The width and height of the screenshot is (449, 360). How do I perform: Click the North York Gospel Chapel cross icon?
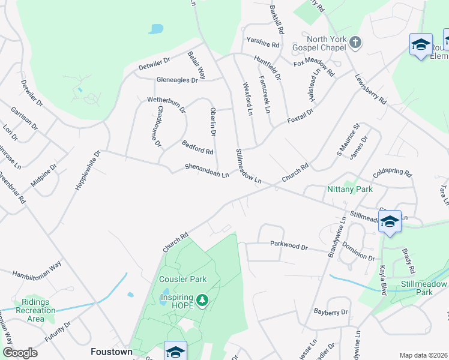[x=355, y=42]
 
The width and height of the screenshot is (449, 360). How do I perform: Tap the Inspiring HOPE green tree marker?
[x=203, y=299]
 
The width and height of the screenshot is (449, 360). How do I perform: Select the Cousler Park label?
[x=182, y=279]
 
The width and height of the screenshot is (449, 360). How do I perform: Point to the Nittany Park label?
[x=350, y=189]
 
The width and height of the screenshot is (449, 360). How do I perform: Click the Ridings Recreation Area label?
[x=38, y=310]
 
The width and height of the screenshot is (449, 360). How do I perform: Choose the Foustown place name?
[x=111, y=352]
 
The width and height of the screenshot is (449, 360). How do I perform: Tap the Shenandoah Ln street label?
[x=207, y=171]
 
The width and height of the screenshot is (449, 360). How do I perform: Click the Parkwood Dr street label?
[x=288, y=245]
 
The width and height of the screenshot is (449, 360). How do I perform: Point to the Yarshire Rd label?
[x=263, y=44]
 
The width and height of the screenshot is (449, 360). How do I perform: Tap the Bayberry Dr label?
[x=331, y=312]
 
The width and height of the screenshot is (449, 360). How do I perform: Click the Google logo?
[x=20, y=353]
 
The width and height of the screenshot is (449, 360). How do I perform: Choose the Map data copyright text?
[x=423, y=355]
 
